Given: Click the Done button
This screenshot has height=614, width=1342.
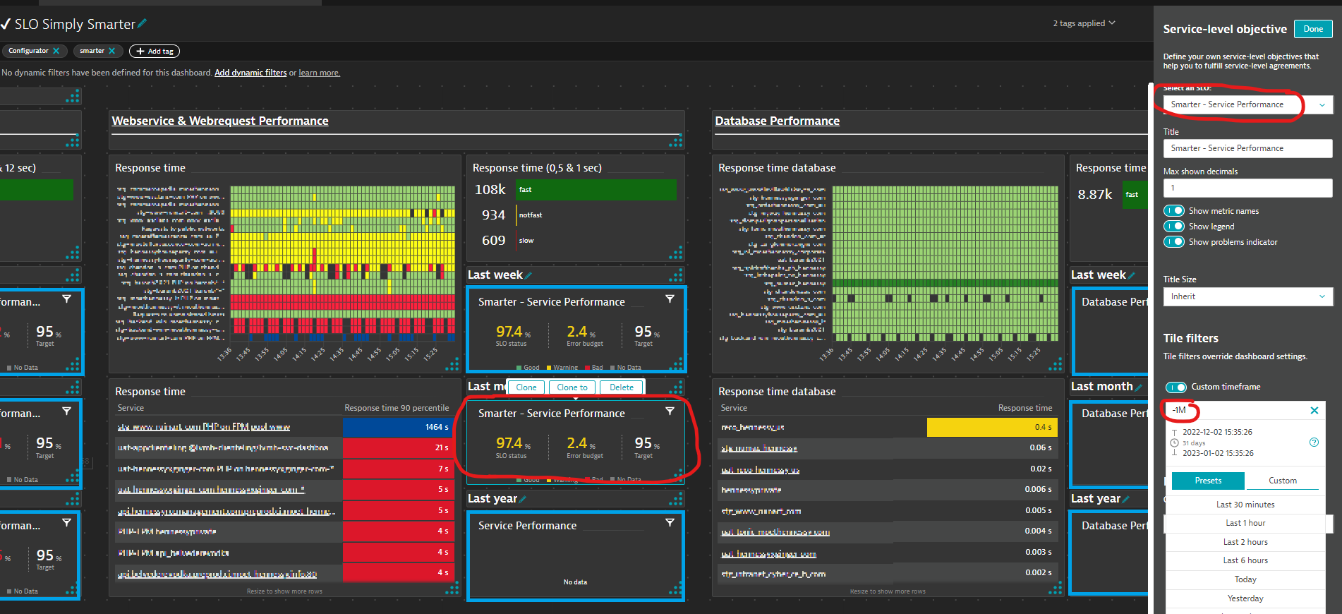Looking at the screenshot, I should point(1312,29).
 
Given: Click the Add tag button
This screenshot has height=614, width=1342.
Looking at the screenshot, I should point(155,51).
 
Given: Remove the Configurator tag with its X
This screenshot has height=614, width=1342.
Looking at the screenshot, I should point(56,51).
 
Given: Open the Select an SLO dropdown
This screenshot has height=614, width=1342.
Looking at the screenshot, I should point(1247,104).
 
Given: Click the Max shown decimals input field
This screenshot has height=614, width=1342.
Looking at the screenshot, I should point(1247,188).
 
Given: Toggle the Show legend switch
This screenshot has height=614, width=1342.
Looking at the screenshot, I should point(1174,227).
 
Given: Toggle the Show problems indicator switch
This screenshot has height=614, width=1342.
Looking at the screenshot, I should point(1174,242).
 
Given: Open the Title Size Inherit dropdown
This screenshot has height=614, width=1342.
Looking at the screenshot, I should point(1247,296).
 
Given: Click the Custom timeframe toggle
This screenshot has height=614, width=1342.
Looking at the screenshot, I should point(1175,387).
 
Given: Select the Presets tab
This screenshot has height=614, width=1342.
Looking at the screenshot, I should point(1208,481).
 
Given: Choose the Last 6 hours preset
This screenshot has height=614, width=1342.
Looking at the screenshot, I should point(1245,560).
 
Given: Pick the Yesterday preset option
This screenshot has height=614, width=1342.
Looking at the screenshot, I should point(1245,598).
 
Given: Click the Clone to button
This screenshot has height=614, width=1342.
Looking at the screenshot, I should point(572,387).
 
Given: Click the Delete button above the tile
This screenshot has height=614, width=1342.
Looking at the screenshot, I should point(621,387).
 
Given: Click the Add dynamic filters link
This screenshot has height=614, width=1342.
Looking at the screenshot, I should point(250,73).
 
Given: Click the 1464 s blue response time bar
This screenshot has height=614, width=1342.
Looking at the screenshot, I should point(398,427).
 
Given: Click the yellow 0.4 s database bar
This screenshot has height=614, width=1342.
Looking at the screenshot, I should point(991,427).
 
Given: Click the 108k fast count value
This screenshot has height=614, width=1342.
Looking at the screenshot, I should point(490,189).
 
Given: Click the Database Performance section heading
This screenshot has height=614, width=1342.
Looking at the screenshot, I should point(777,121).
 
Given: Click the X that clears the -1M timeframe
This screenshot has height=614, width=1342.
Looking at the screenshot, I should point(1314,410).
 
